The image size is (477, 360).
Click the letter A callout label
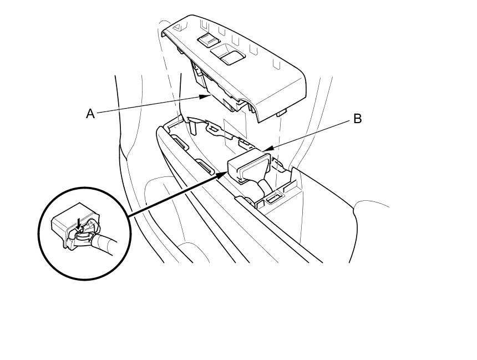(x=90, y=114)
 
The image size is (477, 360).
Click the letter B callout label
(x=357, y=119)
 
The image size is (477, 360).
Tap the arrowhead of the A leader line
(x=207, y=96)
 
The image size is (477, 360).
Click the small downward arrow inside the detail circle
(x=79, y=222)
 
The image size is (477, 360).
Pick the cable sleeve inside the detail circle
(x=105, y=244)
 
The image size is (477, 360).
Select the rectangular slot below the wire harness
(x=273, y=197)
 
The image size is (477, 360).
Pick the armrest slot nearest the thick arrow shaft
(x=204, y=168)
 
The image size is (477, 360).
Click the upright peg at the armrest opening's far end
(x=195, y=126)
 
